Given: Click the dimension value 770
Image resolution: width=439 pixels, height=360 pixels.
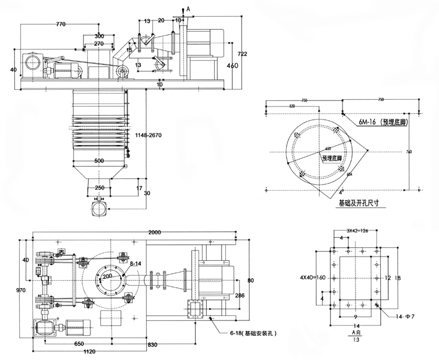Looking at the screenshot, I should [x=60, y=24].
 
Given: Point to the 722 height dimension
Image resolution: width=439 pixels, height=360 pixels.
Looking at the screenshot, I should [x=243, y=55].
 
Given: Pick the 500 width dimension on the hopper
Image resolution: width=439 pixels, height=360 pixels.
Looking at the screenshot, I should [x=99, y=160].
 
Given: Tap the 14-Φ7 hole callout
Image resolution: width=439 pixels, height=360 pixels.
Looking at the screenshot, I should [x=402, y=317].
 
